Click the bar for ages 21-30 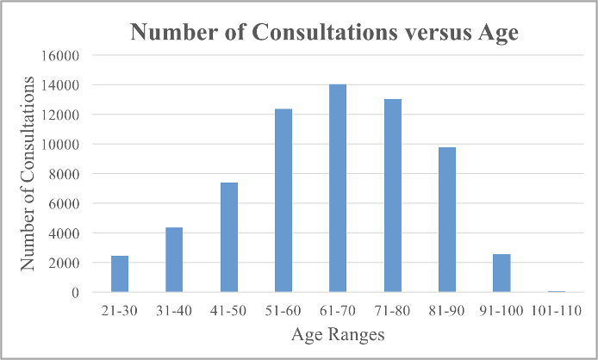[120, 274]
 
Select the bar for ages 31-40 [174, 260]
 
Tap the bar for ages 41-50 [229, 237]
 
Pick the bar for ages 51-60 [283, 201]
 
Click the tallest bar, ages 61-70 [338, 189]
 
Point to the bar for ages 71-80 [393, 196]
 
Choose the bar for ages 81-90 [447, 220]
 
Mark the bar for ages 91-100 [501, 273]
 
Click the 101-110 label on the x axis [557, 311]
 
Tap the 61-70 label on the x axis [338, 311]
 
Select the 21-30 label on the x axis [120, 311]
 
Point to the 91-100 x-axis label [501, 311]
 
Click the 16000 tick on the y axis [60, 56]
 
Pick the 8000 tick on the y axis [64, 174]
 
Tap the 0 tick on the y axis [75, 293]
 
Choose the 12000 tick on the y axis [60, 115]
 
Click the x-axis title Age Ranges [338, 334]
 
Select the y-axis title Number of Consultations [28, 173]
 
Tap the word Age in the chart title [498, 33]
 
